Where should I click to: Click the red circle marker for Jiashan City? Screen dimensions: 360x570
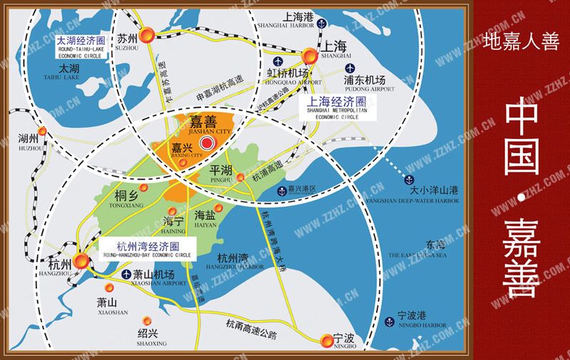[x=208, y=144]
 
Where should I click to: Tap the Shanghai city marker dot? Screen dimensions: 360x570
[x=309, y=55]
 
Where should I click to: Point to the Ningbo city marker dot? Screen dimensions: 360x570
[x=327, y=340]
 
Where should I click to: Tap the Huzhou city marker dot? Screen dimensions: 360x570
[x=44, y=130]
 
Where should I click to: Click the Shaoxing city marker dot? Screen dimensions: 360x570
[x=147, y=321]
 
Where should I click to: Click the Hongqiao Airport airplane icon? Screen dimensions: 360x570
[x=270, y=73]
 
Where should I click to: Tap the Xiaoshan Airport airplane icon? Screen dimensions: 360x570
[x=126, y=274]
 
